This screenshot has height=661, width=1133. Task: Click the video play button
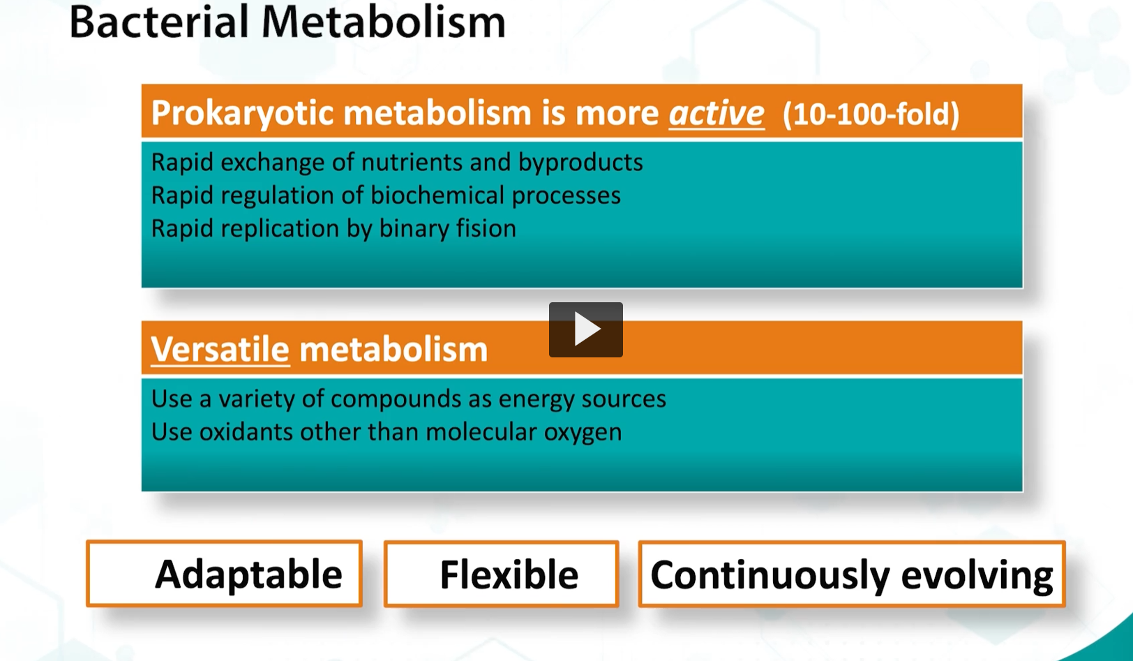click(585, 329)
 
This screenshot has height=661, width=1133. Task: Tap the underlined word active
click(716, 113)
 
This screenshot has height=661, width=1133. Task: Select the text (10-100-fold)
click(871, 114)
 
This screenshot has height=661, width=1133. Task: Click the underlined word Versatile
click(220, 349)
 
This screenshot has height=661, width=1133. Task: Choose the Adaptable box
click(224, 574)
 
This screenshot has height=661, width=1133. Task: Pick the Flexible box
click(501, 574)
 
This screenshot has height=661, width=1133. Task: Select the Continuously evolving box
click(851, 574)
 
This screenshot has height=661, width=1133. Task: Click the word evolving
click(977, 575)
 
